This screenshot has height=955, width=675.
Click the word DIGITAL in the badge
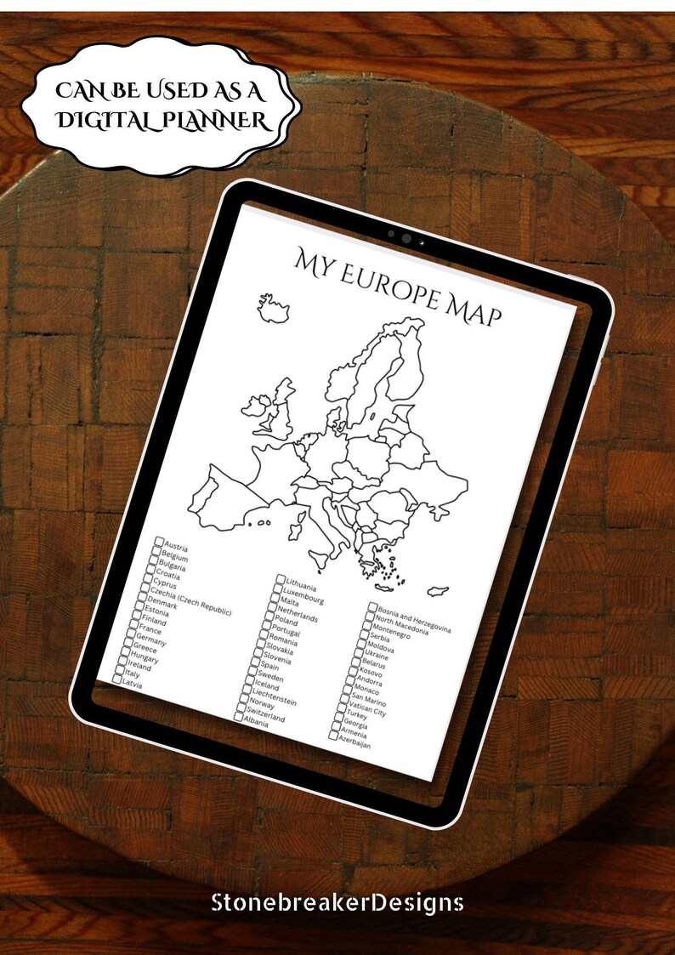(x=94, y=122)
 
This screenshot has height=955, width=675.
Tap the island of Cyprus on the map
(x=439, y=589)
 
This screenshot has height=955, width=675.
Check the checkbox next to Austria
(x=159, y=542)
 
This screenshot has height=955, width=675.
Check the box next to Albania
(x=239, y=716)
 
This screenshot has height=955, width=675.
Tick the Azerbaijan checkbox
(x=333, y=736)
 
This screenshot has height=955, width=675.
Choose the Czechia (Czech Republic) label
(x=195, y=600)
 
